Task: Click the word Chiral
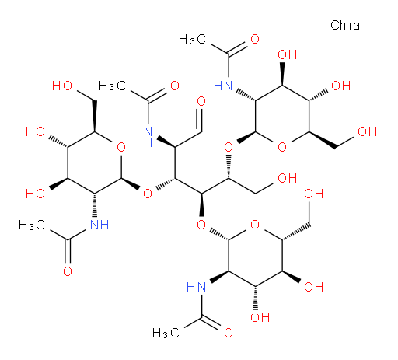click(346, 25)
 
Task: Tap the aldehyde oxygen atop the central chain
click(201, 101)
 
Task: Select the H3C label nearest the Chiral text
click(192, 39)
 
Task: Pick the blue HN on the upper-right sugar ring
click(223, 86)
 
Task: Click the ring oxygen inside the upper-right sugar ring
click(282, 147)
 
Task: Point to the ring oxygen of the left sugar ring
click(121, 147)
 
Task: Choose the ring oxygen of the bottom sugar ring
click(255, 225)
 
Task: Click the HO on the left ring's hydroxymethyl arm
click(62, 86)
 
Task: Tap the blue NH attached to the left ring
click(99, 225)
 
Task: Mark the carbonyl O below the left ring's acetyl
click(68, 271)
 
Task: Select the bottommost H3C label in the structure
click(166, 333)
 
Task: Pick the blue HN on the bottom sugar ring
click(196, 287)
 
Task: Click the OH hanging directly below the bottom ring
click(260, 317)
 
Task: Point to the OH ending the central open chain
click(287, 178)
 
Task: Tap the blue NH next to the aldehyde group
click(148, 137)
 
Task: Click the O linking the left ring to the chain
click(148, 194)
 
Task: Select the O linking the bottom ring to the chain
click(201, 225)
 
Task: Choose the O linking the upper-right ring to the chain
click(229, 147)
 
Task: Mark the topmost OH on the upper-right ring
click(287, 54)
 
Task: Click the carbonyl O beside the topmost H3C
click(255, 39)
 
